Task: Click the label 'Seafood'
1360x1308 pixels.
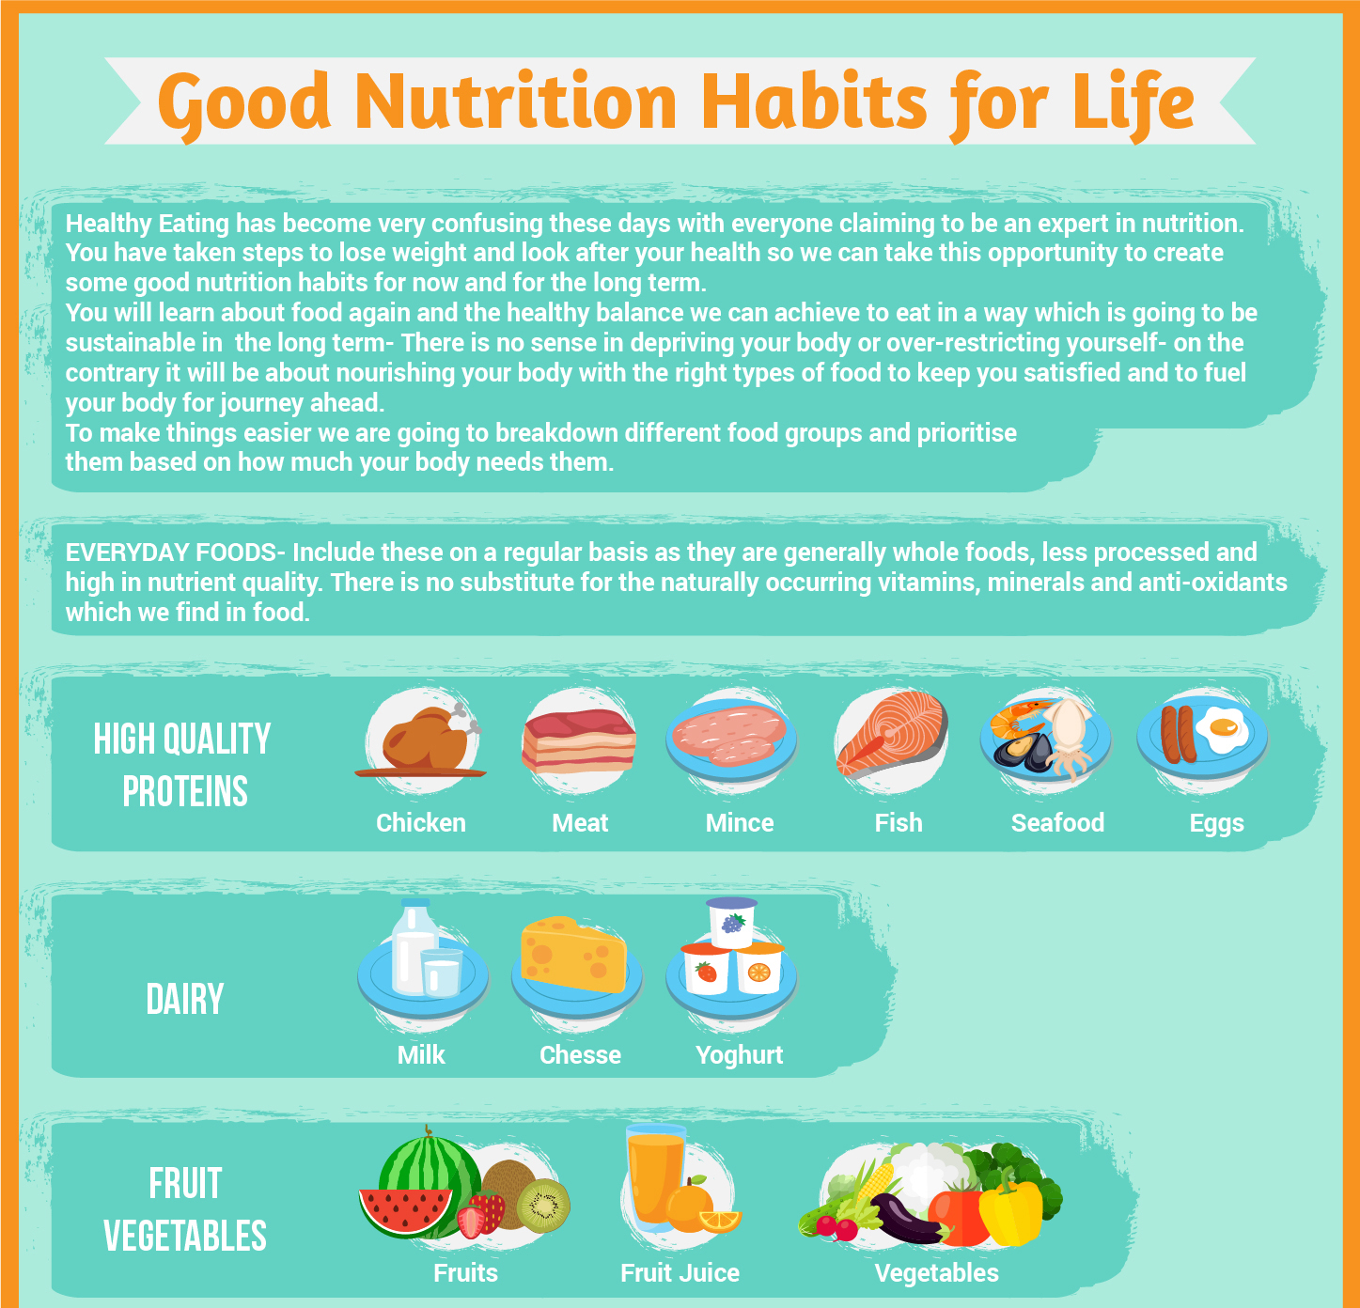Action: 1057,823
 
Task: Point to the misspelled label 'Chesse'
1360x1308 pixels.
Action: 580,1055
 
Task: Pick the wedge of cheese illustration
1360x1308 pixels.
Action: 574,956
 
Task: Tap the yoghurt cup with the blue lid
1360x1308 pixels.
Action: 732,922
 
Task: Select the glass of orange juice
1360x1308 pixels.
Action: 654,1179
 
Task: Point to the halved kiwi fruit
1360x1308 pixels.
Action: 543,1206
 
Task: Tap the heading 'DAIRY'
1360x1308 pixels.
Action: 185,1000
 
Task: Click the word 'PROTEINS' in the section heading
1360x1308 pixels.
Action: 185,792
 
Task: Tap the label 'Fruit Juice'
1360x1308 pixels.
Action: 680,1273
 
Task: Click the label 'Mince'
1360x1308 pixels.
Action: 740,823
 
